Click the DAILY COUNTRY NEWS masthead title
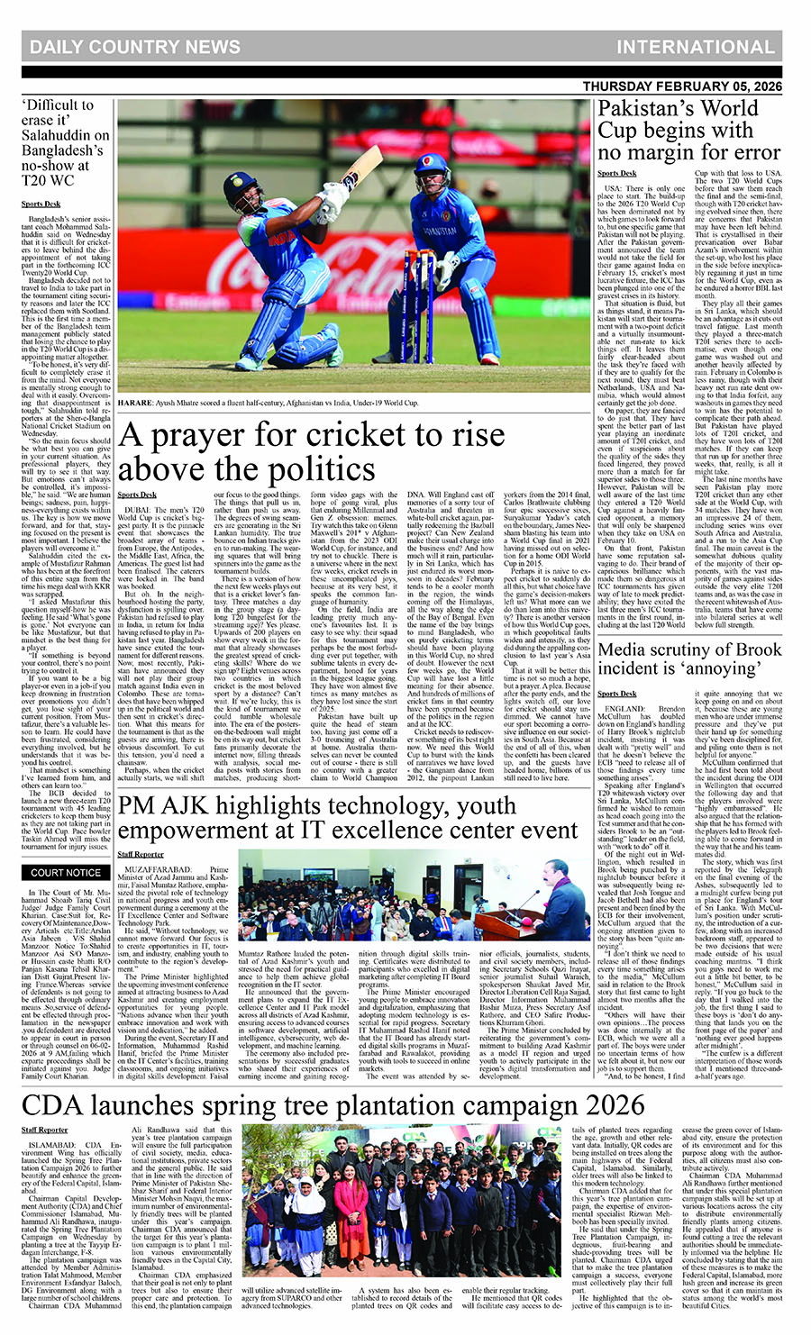135,47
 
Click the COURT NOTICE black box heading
66,873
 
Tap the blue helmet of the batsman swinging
241,189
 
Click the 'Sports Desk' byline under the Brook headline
616,694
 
